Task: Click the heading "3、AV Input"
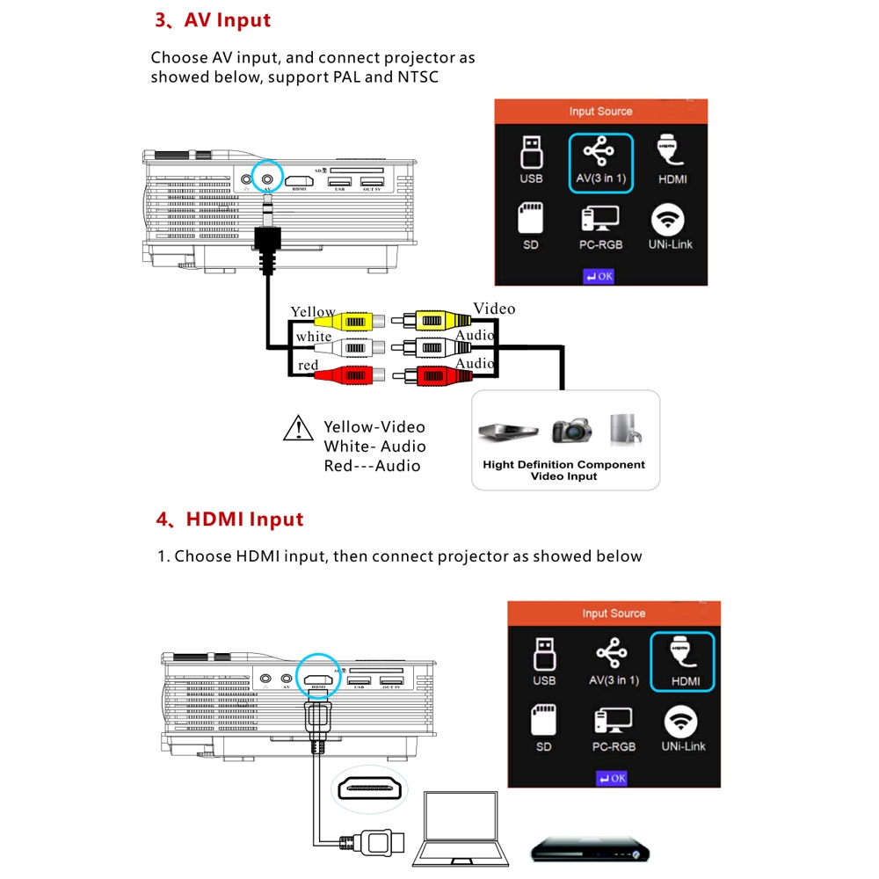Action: click(213, 20)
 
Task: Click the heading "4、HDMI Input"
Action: click(229, 519)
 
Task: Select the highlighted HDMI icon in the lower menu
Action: click(682, 662)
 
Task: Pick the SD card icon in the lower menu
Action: click(544, 729)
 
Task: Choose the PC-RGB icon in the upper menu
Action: click(600, 228)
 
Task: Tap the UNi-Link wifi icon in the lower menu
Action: click(683, 729)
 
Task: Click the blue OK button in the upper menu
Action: click(600, 277)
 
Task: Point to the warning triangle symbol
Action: click(299, 427)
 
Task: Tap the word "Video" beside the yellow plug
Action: click(494, 309)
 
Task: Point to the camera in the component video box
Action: click(571, 430)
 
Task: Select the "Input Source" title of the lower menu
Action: click(614, 614)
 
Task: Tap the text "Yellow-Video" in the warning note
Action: click(374, 427)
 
